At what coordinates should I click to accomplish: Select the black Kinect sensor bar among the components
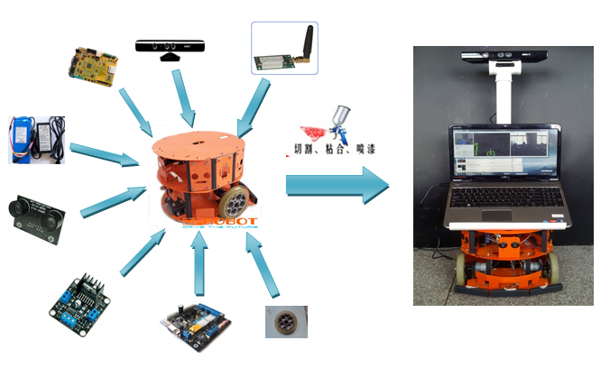[x=171, y=47]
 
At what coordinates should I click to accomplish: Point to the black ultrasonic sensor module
[x=37, y=216]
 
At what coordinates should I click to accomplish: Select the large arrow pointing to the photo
[x=337, y=185]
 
